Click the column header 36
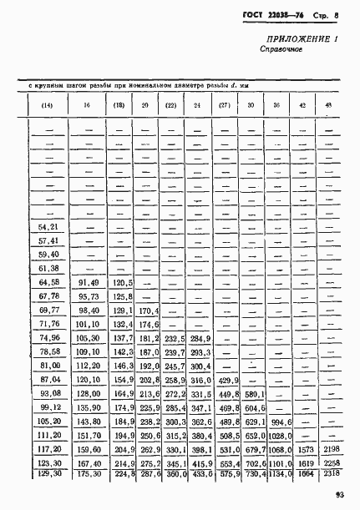[x=276, y=104]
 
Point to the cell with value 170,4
[x=150, y=311]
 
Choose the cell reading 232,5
[x=175, y=339]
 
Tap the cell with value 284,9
[x=200, y=339]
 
